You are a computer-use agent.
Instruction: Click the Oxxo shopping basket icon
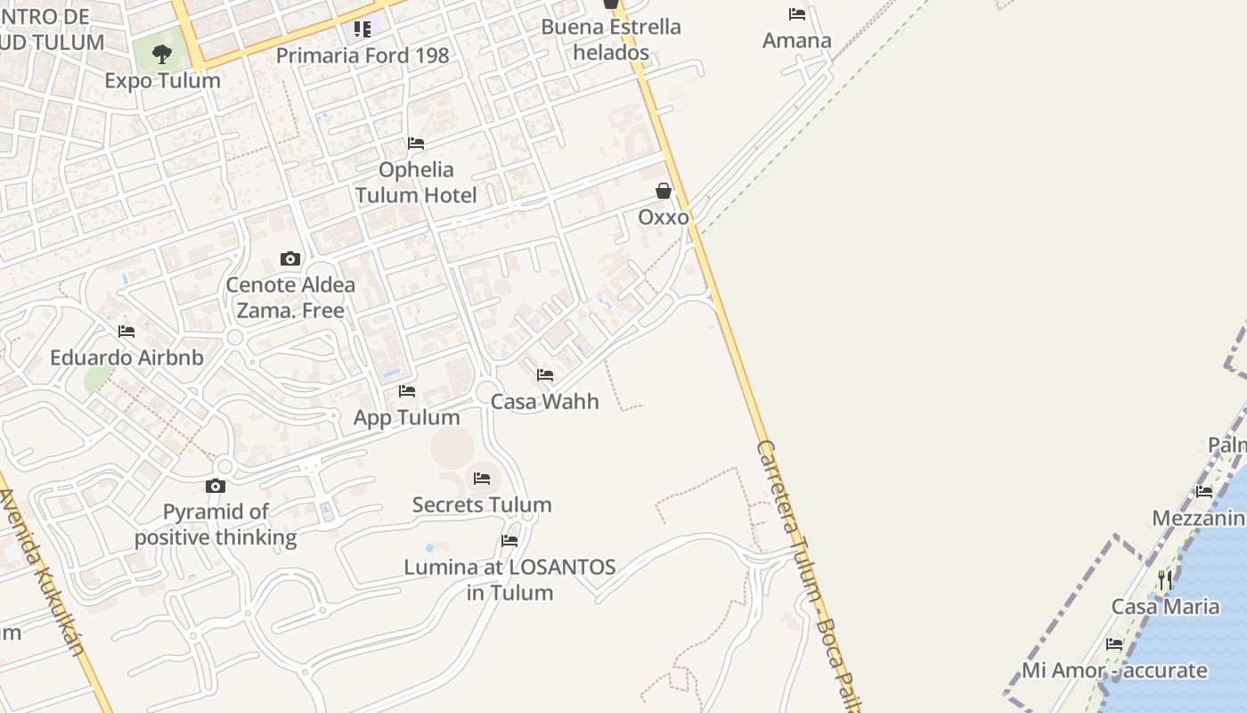(664, 191)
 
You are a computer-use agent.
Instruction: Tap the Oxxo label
(664, 217)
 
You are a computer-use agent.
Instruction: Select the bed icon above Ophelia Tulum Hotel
(416, 143)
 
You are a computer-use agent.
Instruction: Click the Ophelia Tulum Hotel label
(416, 182)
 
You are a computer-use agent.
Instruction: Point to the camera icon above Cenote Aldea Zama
(290, 259)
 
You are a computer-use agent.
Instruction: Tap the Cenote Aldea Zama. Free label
(290, 298)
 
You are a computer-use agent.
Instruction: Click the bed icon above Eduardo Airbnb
(126, 332)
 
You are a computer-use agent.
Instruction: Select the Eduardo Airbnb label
(126, 357)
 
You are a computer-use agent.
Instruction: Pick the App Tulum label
(407, 417)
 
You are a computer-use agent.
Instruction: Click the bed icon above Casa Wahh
(545, 375)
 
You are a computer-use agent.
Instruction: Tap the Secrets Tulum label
(482, 504)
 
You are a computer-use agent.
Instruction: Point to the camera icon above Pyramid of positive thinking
(216, 486)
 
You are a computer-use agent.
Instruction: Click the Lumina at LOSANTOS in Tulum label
(509, 579)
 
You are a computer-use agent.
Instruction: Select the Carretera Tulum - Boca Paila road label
(806, 570)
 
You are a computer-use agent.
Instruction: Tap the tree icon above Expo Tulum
(162, 54)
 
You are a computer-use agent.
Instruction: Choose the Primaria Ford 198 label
(363, 55)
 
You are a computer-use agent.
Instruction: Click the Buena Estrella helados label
(611, 39)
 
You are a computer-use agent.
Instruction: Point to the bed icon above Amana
(797, 14)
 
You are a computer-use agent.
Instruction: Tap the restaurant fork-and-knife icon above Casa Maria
(1165, 581)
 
